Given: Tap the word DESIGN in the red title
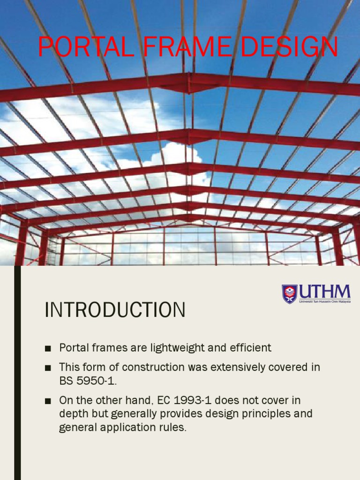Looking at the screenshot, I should tap(292, 47).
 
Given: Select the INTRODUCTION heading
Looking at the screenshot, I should tap(115, 310).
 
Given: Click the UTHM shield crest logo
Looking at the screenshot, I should tap(289, 294).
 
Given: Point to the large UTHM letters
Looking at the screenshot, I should tap(324, 292).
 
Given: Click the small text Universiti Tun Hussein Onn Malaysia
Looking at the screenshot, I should tap(324, 301).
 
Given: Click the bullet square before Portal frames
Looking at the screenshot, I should tap(47, 348).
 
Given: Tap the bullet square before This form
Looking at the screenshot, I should tap(47, 368).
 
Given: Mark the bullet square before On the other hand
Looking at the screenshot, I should tap(47, 401).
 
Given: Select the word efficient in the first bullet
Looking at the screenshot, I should tap(249, 348).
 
